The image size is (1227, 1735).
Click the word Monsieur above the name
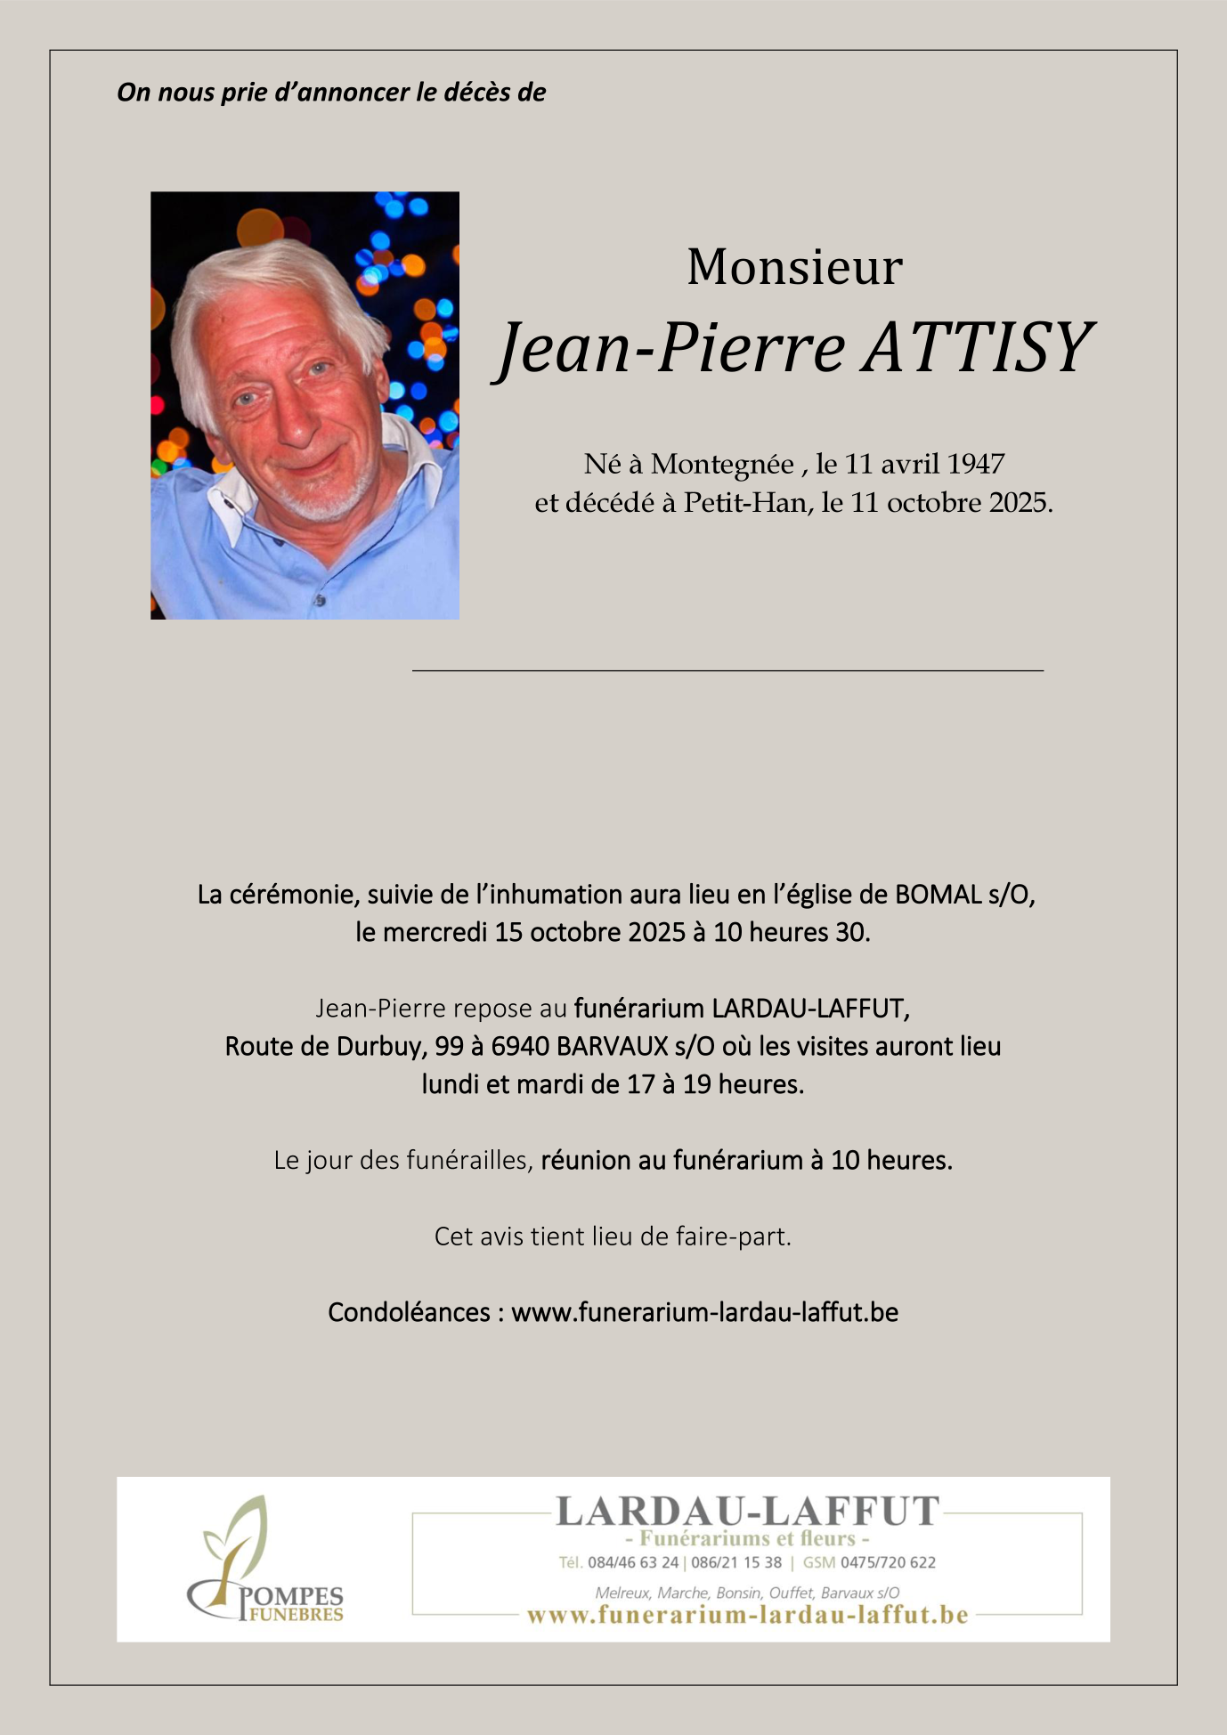794,267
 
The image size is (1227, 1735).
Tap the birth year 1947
976,464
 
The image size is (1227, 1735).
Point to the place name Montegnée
722,465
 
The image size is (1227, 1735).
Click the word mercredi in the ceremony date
435,933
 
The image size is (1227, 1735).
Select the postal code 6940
520,1046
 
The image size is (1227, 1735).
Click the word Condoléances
409,1312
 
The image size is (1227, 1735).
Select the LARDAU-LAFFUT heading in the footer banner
747,1511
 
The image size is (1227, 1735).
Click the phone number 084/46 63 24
632,1562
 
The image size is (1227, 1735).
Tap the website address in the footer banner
747,1615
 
